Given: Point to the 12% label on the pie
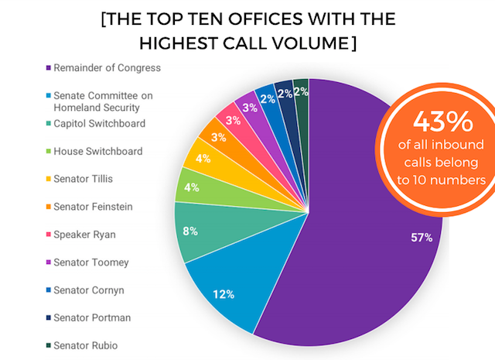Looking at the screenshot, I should [224, 294].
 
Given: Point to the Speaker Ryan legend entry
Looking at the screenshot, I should [87, 235].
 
